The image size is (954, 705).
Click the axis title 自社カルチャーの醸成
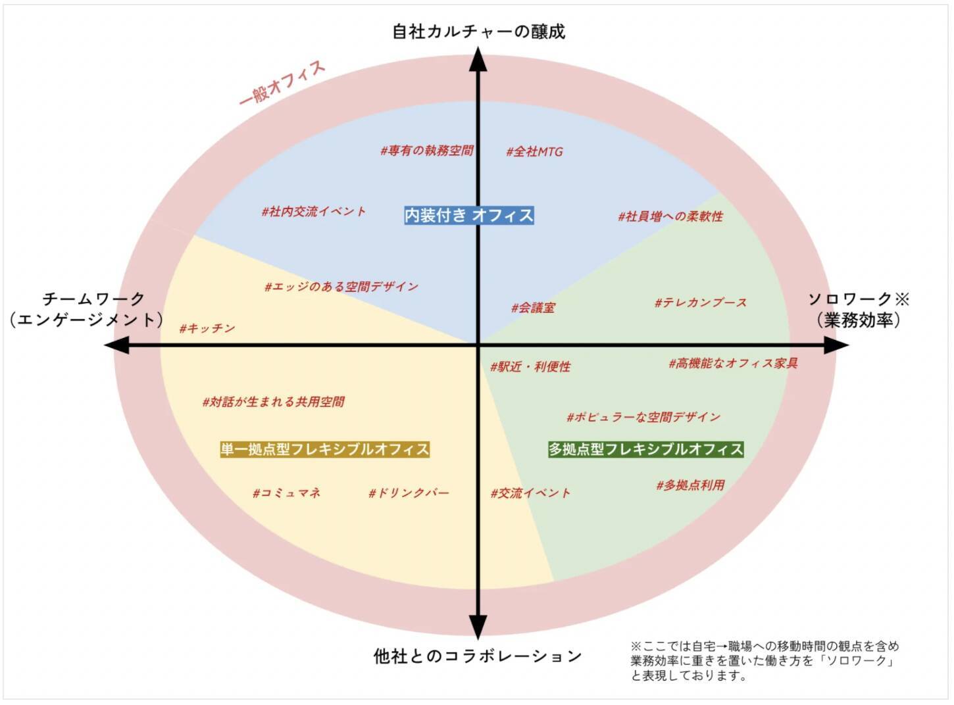coord(478,32)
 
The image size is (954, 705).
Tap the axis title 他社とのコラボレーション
coord(478,656)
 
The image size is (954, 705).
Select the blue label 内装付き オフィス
coord(469,215)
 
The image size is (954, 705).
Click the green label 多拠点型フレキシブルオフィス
coord(646,449)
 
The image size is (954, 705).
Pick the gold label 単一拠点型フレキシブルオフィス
coord(325,449)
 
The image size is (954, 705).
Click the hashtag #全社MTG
coord(534,152)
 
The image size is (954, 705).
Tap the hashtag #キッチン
coord(207,328)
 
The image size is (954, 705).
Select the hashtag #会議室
coord(533,307)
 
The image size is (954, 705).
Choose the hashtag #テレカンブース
coord(701,303)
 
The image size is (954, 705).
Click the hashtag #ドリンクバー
coord(409,493)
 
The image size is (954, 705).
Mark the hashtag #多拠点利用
coord(690,485)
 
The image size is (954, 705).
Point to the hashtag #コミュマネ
coord(286,493)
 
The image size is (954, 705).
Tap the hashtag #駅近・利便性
coord(530,366)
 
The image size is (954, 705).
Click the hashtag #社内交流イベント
coord(314,212)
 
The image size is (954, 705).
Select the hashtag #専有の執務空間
coord(427,151)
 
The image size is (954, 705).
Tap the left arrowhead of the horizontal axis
coord(117,345)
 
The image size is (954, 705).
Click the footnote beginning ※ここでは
coord(765,660)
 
